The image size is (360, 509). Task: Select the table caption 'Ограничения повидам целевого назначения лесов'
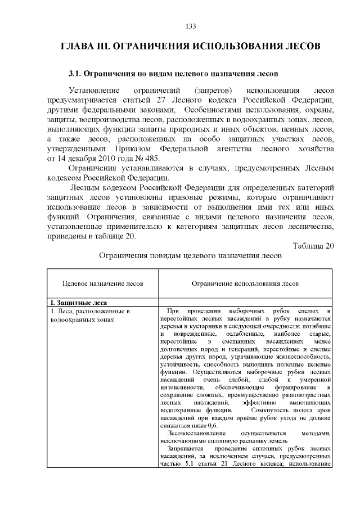(190, 255)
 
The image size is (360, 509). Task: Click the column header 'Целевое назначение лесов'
(102, 284)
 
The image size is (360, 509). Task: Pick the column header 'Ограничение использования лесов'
(245, 284)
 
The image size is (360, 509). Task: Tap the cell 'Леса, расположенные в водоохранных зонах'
(90, 315)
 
